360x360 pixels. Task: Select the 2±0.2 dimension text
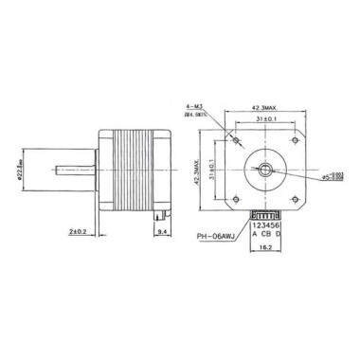[79, 229]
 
